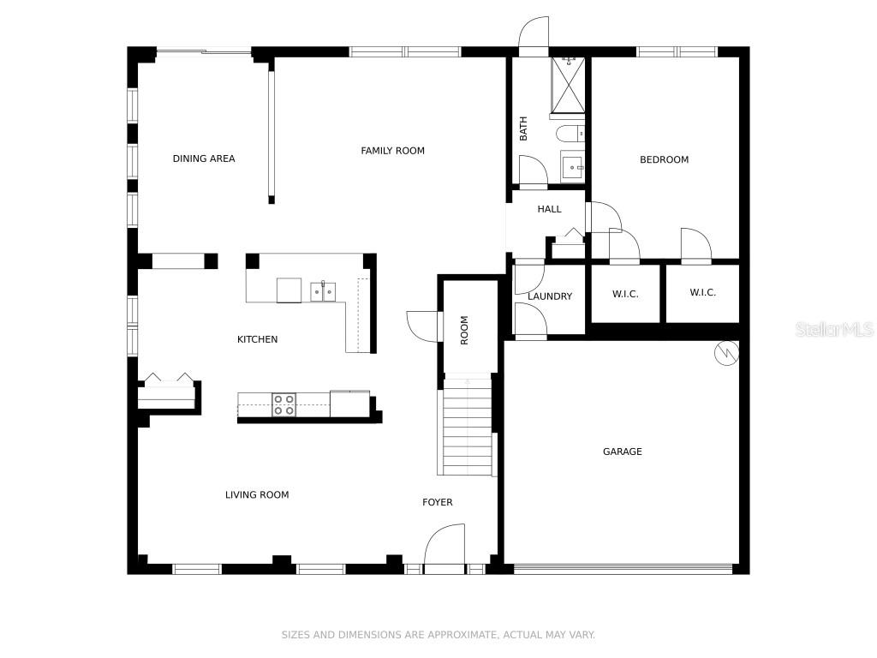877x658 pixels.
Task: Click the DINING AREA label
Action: point(204,159)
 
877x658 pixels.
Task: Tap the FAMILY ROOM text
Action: point(392,151)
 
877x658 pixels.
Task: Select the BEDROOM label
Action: point(664,159)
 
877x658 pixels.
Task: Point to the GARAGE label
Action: point(623,452)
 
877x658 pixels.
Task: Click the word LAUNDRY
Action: point(550,296)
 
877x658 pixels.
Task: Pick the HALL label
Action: point(549,209)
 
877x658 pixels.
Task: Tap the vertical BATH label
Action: point(523,129)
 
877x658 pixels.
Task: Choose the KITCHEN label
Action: point(257,339)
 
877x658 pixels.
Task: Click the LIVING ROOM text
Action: point(257,494)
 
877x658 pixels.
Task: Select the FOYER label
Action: point(438,502)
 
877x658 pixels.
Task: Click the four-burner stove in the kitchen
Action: point(283,404)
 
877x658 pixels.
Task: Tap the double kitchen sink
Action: point(323,291)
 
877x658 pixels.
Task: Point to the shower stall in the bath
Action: point(569,85)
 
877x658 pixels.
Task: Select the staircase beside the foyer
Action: point(468,427)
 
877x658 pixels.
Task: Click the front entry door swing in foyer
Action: point(445,548)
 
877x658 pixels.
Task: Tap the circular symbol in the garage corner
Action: point(726,353)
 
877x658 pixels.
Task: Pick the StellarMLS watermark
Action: point(835,329)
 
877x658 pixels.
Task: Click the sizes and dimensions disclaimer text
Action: point(438,635)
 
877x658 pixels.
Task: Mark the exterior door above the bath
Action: point(534,36)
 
